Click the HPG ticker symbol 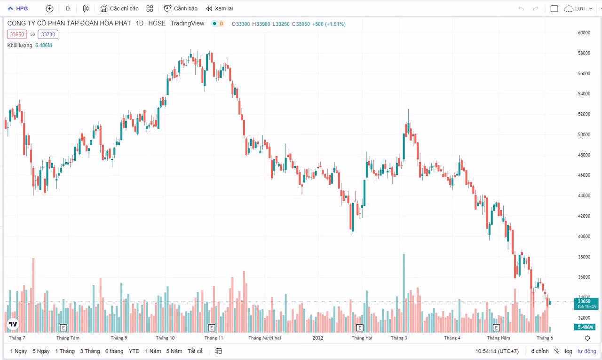coord(22,8)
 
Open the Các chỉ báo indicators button coord(119,8)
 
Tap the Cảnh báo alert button coord(181,8)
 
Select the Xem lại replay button coord(219,8)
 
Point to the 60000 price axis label coord(584,33)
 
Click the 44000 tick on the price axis coord(584,196)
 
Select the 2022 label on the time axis coord(318,338)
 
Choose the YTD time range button coord(134,351)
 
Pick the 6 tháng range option coord(114,351)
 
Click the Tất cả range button coord(195,351)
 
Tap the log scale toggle coord(569,351)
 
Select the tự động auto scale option coord(586,351)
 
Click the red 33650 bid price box coord(17,34)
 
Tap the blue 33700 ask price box coord(48,34)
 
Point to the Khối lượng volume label coord(20,45)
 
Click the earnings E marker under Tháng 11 coord(212,327)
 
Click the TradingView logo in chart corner coord(13,324)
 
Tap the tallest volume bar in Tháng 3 coord(404,291)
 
